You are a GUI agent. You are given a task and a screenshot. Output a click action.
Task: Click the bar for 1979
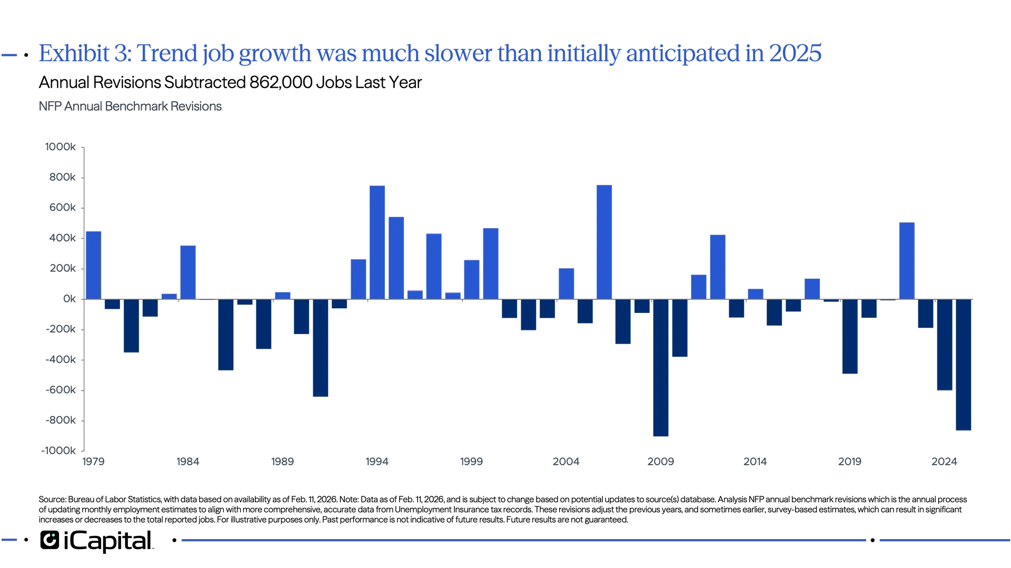pyautogui.click(x=94, y=264)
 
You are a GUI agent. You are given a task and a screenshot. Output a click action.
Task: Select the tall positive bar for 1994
pyautogui.click(x=377, y=242)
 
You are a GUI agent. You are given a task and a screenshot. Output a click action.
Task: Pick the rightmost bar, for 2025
pyautogui.click(x=964, y=366)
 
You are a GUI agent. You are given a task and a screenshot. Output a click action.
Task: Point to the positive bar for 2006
pyautogui.click(x=604, y=242)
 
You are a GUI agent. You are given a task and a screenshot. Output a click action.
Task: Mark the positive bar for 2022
pyautogui.click(x=907, y=261)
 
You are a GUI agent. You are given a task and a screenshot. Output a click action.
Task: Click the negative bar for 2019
pyautogui.click(x=850, y=337)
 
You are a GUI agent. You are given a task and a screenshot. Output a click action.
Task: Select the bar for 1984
pyautogui.click(x=188, y=272)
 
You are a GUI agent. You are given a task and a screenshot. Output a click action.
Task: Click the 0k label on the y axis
pyautogui.click(x=69, y=299)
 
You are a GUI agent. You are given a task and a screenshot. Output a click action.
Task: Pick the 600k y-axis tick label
pyautogui.click(x=63, y=208)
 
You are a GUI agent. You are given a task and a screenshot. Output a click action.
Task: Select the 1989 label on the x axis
pyautogui.click(x=282, y=462)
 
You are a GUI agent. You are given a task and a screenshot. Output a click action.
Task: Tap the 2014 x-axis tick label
pyautogui.click(x=755, y=462)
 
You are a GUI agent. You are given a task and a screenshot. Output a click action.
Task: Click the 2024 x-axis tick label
pyautogui.click(x=944, y=462)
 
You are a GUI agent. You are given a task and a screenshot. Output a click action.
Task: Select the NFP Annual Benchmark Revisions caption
pyautogui.click(x=130, y=106)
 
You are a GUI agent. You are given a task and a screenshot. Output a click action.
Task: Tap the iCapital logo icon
pyautogui.click(x=49, y=540)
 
